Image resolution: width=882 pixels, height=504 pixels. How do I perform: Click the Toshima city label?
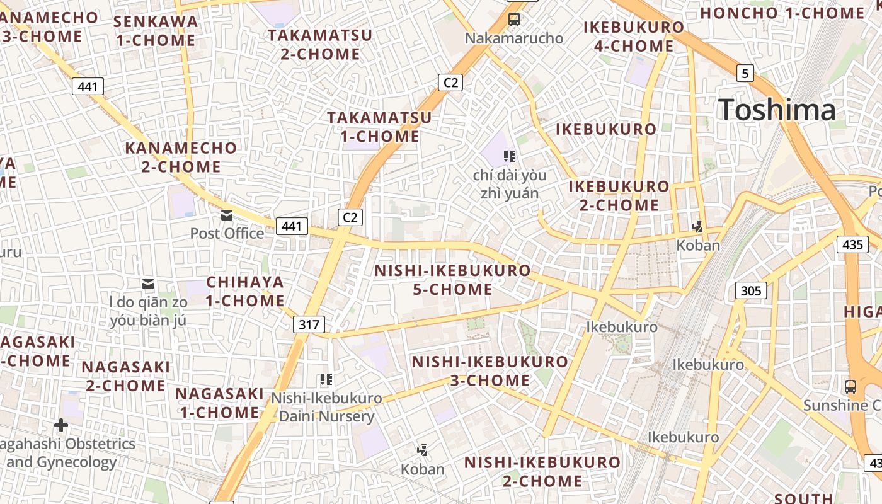click(777, 110)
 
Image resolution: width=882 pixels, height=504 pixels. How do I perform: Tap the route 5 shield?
click(745, 74)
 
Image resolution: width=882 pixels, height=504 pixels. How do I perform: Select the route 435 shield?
click(852, 244)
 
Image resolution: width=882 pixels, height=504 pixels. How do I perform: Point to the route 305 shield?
click(750, 290)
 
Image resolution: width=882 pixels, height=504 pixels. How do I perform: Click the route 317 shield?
click(309, 324)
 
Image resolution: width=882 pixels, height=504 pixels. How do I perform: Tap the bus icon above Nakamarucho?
click(514, 20)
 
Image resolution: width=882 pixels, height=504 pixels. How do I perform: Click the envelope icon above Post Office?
click(227, 216)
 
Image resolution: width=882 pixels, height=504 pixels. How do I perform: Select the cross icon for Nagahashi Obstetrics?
click(61, 425)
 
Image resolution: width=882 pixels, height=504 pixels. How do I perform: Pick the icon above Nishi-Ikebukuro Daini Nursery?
click(326, 379)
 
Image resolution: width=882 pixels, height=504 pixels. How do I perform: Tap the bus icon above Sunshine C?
click(850, 386)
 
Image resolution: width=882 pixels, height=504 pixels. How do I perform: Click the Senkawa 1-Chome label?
click(156, 31)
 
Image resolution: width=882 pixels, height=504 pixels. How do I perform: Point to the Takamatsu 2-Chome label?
click(320, 44)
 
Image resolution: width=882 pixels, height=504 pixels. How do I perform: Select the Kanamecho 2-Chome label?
click(181, 157)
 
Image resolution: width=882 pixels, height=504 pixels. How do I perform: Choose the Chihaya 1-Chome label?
click(245, 291)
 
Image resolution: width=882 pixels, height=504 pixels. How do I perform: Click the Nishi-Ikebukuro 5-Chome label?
click(453, 280)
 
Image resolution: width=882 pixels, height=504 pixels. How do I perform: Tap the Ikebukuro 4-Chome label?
click(634, 37)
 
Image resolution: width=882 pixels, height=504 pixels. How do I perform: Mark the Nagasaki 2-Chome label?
click(126, 376)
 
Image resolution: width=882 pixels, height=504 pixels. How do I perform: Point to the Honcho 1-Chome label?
click(783, 13)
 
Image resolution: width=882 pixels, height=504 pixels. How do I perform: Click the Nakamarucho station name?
click(514, 38)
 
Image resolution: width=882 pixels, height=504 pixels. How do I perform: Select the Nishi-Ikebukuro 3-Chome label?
click(490, 371)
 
